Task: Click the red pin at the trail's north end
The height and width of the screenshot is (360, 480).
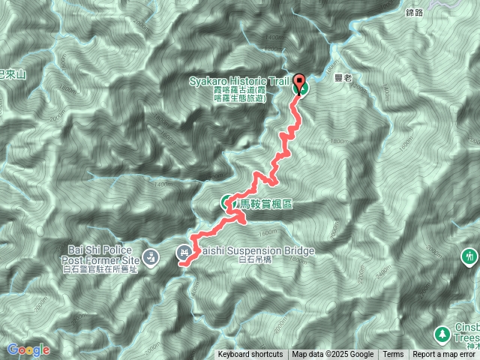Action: coord(299,83)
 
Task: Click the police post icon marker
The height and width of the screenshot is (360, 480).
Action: coord(151,256)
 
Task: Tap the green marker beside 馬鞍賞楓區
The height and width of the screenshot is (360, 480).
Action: coord(227,202)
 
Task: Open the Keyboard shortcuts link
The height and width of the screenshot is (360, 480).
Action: coord(250,355)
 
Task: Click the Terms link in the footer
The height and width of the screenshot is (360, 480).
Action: coord(393,355)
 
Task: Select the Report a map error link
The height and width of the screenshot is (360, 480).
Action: coord(445,355)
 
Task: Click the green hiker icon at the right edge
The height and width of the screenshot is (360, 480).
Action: coord(471,256)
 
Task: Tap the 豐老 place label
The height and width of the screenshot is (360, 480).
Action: coord(344,75)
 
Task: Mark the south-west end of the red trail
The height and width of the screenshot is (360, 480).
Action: coord(181,263)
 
